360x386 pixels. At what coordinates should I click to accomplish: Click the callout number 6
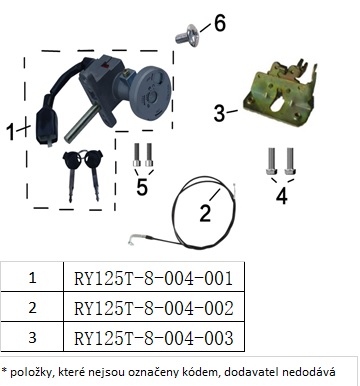(220, 23)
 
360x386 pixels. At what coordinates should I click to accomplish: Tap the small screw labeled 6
(188, 36)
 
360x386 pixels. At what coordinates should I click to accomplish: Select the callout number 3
(220, 113)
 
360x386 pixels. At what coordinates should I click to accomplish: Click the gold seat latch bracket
(281, 93)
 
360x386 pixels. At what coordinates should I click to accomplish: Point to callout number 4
(282, 196)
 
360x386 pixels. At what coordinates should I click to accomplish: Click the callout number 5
(142, 187)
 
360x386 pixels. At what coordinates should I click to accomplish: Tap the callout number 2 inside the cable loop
(205, 213)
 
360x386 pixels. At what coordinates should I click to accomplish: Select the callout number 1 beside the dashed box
(11, 132)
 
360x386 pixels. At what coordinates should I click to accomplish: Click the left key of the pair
(71, 174)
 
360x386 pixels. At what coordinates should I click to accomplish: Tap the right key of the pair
(94, 175)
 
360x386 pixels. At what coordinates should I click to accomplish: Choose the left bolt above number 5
(137, 155)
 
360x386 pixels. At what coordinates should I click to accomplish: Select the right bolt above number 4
(290, 161)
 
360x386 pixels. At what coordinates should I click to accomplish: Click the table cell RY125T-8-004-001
(154, 278)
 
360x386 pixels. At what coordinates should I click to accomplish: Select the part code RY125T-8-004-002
(154, 308)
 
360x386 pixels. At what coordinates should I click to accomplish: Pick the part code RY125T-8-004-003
(154, 338)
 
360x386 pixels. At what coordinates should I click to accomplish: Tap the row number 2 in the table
(32, 307)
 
